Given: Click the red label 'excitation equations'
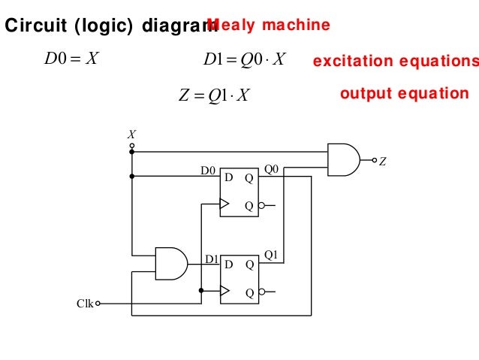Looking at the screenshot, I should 395,61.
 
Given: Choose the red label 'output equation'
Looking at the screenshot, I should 404,94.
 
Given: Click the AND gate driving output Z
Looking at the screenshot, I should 343,160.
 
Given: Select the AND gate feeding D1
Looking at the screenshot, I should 170,263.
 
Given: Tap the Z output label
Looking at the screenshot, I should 382,161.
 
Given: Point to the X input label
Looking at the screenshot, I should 132,134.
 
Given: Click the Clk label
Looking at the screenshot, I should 85,304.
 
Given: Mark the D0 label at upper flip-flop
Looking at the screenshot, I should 208,171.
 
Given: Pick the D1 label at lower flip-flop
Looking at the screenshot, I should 212,259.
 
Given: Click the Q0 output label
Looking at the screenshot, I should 271,170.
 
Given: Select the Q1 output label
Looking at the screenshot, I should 271,256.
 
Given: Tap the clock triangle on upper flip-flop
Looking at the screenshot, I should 224,203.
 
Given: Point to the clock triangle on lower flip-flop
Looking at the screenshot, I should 224,290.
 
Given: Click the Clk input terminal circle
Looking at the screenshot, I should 98,304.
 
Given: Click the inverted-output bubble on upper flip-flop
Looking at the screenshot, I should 261,204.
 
